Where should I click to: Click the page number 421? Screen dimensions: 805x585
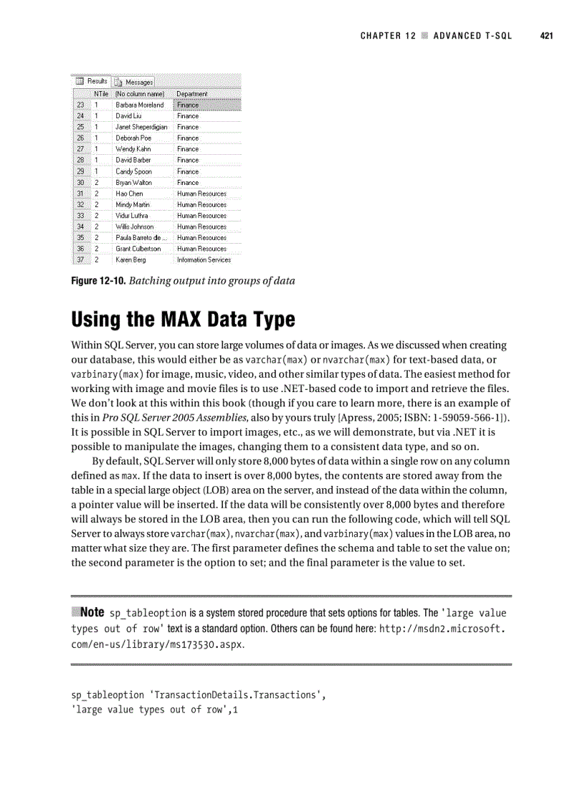coord(547,36)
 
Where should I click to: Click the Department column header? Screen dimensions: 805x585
coord(192,94)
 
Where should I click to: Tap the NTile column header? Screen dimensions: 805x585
coord(101,94)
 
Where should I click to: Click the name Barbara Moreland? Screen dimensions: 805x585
coord(140,105)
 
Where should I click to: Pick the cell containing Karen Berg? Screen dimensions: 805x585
coord(130,259)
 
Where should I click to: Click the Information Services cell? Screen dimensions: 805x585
coord(204,259)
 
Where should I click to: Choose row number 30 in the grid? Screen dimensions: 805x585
coord(80,182)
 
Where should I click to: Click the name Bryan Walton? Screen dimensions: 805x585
coord(134,182)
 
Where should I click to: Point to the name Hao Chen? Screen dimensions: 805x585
coord(129,194)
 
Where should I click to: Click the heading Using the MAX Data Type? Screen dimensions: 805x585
coord(183,318)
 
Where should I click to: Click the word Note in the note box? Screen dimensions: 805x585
coord(92,612)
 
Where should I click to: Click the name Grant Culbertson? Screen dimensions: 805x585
coord(138,249)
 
